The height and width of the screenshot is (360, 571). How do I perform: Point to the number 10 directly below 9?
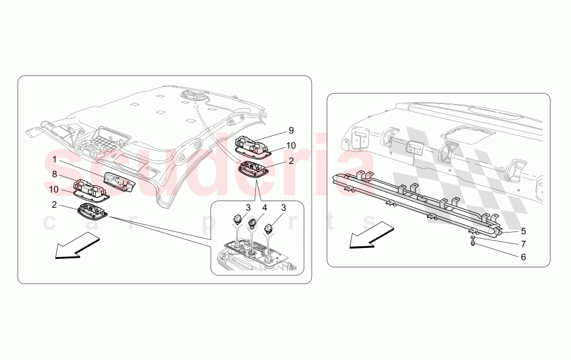click(291, 146)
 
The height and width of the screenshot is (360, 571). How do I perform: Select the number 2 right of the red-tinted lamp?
click(291, 161)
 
